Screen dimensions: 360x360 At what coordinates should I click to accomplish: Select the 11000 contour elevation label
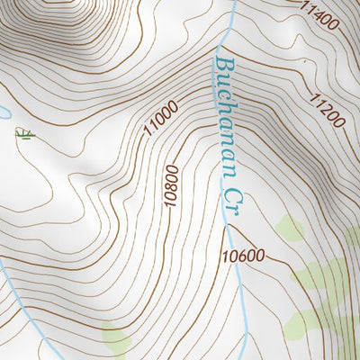click(x=160, y=119)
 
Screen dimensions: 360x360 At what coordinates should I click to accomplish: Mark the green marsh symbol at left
click(x=24, y=134)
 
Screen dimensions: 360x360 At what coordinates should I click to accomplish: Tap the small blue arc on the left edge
click(x=3, y=112)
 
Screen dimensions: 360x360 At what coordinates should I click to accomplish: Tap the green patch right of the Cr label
click(x=290, y=229)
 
